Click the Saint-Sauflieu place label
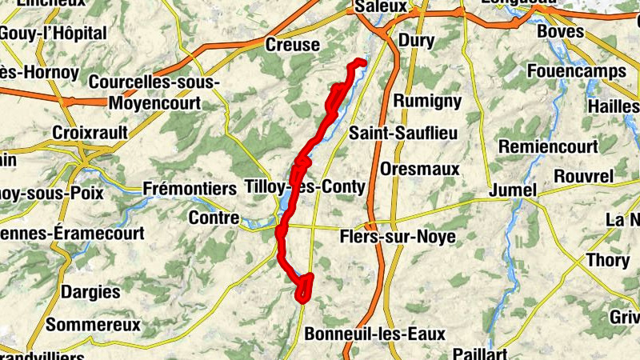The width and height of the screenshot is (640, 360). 403,133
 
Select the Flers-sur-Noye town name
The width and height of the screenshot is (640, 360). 398,237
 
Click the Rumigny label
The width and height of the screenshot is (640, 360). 428,101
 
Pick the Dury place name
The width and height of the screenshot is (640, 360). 417,41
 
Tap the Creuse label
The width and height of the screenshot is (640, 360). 293,45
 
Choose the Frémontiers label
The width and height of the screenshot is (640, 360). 190,189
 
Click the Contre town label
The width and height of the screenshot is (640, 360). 214,218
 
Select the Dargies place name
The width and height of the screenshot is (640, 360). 90,292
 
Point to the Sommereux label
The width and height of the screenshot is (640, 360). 93,325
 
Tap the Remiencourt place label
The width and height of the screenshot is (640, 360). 548,146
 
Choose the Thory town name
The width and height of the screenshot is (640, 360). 608,259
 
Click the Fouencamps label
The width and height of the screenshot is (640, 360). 577,71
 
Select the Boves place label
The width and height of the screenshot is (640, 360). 561,31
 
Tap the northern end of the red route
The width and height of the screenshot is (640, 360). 362,62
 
